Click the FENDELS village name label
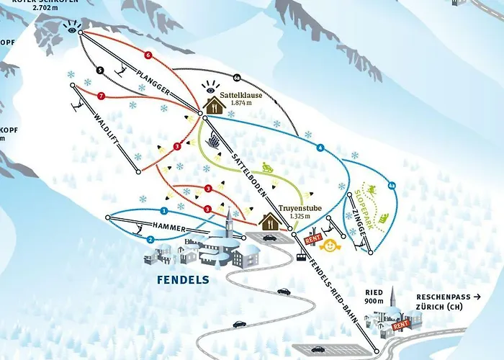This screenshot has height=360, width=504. (x=184, y=279)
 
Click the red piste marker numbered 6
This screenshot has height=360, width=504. (x=148, y=55)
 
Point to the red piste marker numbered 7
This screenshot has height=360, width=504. (x=101, y=96)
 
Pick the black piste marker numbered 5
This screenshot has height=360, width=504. (x=99, y=71)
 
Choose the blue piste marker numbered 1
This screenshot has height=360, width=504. (x=164, y=211)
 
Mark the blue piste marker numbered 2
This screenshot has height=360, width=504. (x=150, y=238)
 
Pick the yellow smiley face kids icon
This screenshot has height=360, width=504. (x=330, y=246)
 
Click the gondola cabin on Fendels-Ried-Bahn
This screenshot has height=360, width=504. (x=301, y=256)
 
